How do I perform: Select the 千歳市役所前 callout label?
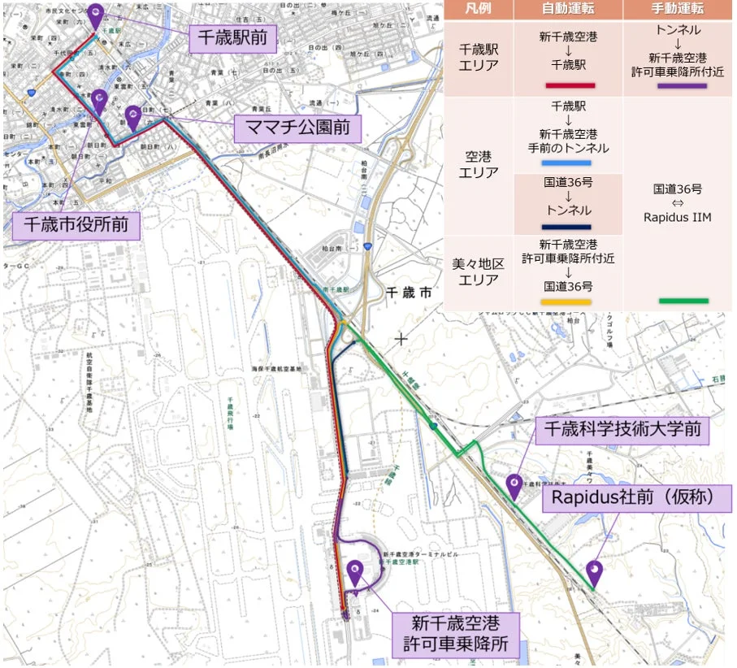(76, 223)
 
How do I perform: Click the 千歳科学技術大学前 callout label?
(622, 428)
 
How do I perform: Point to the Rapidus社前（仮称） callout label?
(631, 497)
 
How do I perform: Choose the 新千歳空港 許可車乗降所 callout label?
(453, 635)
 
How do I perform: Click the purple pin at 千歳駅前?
(96, 15)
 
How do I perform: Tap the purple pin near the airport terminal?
(355, 573)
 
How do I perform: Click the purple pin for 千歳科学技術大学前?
(514, 485)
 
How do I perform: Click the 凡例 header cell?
(479, 9)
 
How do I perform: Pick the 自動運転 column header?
(568, 9)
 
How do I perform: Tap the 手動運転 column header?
(678, 9)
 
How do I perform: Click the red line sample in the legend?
(568, 85)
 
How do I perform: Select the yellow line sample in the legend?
(568, 301)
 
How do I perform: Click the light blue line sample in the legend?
(568, 163)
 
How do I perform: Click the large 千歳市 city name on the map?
(410, 293)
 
